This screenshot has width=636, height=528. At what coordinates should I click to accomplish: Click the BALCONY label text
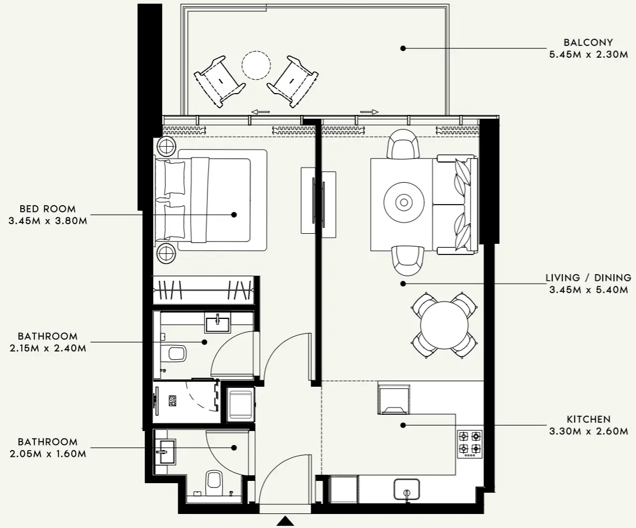tap(588, 42)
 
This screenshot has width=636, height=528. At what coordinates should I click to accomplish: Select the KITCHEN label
tap(588, 419)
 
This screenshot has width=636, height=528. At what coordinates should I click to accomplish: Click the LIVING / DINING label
tap(588, 277)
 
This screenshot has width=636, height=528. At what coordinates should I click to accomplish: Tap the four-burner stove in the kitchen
tap(469, 443)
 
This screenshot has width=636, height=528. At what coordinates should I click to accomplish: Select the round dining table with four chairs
tap(444, 326)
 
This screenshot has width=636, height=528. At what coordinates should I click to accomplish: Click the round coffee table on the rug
tap(403, 202)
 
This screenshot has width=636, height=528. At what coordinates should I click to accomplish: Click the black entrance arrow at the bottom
tap(285, 522)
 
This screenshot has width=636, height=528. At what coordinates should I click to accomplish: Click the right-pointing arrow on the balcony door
tap(368, 112)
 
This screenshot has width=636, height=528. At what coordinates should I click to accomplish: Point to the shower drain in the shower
tap(173, 401)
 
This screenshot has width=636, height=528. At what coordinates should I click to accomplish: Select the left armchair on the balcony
tap(219, 80)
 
